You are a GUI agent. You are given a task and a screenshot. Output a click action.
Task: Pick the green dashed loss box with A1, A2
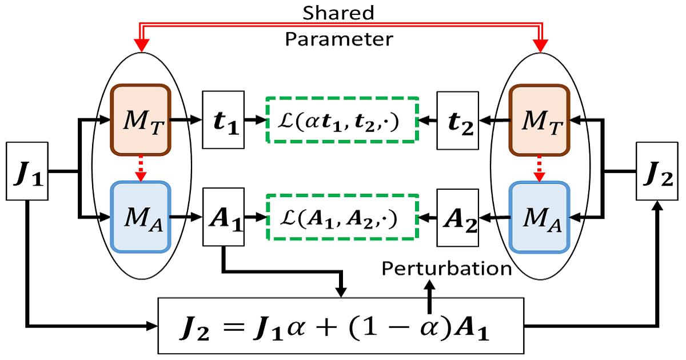tap(342, 218)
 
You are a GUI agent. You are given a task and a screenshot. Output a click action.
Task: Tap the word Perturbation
tap(446, 269)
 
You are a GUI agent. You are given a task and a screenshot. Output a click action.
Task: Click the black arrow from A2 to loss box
tap(428, 218)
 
